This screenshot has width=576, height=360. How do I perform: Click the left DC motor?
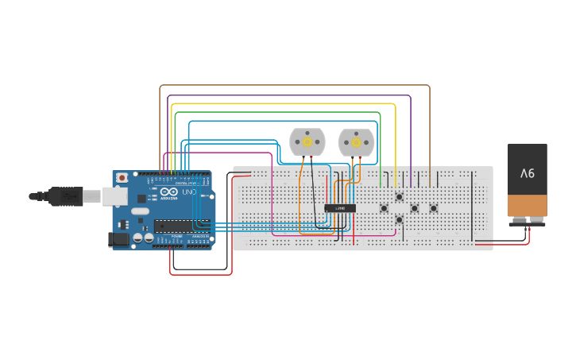point(307,142)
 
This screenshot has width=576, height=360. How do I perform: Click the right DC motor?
point(355,142)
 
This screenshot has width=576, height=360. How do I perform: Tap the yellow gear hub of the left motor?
point(307,142)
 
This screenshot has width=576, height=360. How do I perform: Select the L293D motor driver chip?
point(340,208)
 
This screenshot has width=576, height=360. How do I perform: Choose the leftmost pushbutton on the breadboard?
point(384,209)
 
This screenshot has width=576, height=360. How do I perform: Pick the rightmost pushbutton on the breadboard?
point(433,208)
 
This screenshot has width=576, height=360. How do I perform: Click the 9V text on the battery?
point(528,172)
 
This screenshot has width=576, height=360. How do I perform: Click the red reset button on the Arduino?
point(122,177)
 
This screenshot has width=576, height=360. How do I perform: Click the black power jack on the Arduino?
point(119,238)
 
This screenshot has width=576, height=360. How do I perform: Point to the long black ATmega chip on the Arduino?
point(181,225)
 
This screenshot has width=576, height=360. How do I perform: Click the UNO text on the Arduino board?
point(189,193)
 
